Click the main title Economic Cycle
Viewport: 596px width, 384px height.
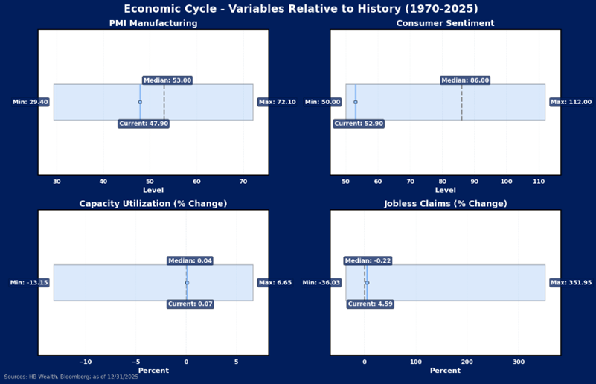click(301, 9)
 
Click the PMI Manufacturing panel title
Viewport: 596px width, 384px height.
click(153, 23)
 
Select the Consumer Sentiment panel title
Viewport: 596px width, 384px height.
click(445, 23)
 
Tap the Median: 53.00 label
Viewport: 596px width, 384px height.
click(167, 80)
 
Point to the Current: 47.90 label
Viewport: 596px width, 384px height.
click(144, 124)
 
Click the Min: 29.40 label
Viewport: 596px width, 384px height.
click(31, 102)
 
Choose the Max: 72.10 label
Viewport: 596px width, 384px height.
click(277, 102)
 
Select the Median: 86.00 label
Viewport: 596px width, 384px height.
click(465, 80)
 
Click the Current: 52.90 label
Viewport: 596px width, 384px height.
click(359, 124)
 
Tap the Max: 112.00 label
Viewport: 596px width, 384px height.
click(571, 102)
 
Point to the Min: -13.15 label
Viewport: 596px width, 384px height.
click(29, 283)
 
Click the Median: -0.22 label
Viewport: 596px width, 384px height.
click(368, 261)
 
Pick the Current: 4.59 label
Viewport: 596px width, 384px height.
click(370, 304)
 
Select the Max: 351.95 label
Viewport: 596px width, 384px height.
click(571, 283)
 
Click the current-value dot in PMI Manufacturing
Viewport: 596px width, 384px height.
click(140, 102)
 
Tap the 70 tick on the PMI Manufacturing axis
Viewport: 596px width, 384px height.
click(243, 182)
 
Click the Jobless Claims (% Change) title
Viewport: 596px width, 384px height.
click(445, 204)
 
